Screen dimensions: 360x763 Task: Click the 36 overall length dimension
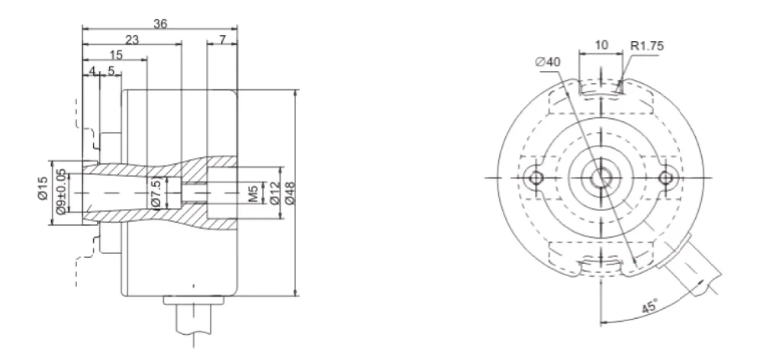[x=160, y=23]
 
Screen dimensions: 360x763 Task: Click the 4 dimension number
[x=92, y=70]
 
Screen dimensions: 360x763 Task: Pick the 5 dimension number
[x=111, y=70]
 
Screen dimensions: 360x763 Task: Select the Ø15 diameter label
[x=43, y=189]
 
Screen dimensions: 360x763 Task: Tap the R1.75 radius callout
[x=647, y=46]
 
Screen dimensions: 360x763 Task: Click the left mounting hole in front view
[x=536, y=178]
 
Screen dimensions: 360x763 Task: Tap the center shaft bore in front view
[x=601, y=178]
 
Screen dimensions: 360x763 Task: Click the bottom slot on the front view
[x=601, y=264]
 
